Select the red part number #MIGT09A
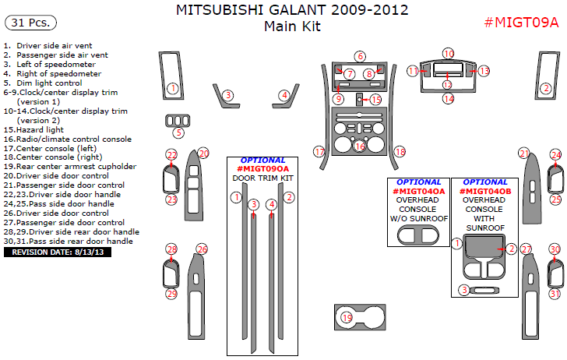click(521, 22)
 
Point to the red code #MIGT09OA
click(263, 168)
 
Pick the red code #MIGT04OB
click(484, 191)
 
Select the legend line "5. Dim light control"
click(43, 83)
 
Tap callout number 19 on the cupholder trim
click(347, 317)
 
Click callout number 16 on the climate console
click(359, 146)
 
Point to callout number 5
click(178, 133)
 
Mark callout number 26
click(202, 249)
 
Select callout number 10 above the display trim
click(448, 53)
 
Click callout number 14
click(448, 98)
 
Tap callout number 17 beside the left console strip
click(319, 151)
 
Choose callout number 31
click(554, 294)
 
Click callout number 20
click(203, 154)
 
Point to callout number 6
click(359, 56)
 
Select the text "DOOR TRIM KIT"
click(263, 178)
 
